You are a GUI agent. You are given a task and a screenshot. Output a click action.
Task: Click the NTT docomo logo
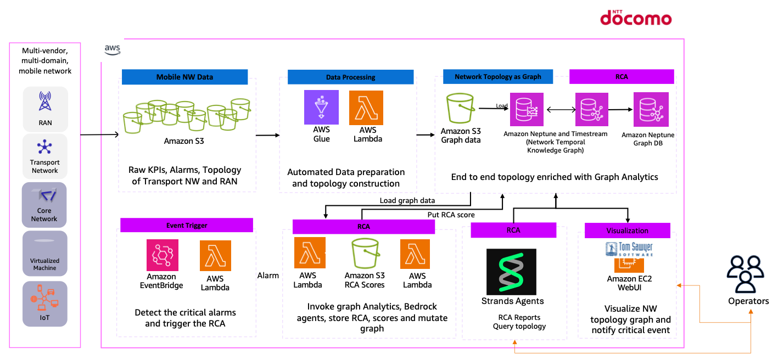[x=635, y=17]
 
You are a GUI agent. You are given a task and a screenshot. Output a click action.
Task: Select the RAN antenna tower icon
[x=45, y=102]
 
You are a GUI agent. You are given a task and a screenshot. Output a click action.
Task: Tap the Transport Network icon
[x=44, y=147]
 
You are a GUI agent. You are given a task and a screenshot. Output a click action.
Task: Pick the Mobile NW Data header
[x=184, y=77]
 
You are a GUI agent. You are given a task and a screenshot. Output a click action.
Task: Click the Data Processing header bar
[x=350, y=77]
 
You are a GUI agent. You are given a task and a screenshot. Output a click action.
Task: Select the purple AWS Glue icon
[x=321, y=108]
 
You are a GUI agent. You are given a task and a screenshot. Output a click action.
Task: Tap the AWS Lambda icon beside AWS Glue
[x=366, y=108]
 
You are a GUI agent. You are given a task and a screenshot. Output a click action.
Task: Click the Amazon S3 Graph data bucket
[x=461, y=108]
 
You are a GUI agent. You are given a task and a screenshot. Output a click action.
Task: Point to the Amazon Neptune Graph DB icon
[x=651, y=109]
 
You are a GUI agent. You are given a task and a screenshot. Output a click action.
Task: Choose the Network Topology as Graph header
[x=497, y=77]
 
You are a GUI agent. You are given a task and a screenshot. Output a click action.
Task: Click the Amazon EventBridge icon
[x=163, y=255]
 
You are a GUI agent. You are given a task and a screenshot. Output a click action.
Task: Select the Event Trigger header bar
[x=186, y=225]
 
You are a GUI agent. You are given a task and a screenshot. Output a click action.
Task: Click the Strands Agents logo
[x=511, y=272]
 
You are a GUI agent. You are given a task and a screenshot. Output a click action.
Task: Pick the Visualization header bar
[x=627, y=230]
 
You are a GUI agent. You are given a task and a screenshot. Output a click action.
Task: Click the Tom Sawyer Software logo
[x=629, y=249]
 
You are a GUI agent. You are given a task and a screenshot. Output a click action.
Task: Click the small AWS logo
[x=113, y=50]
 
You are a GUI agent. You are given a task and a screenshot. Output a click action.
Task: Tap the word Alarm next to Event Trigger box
[x=268, y=275]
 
